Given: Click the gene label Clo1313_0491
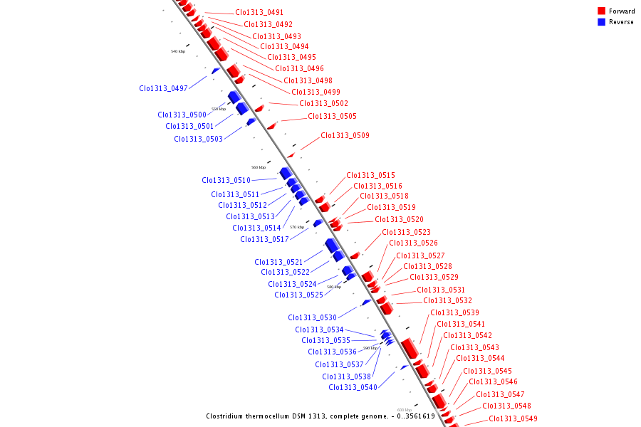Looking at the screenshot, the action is click(259, 13).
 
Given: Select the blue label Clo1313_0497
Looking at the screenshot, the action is click(163, 89).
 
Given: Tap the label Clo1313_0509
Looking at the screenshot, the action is click(345, 135).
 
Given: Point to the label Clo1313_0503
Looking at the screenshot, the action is click(198, 139).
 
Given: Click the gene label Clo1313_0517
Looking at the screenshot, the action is click(264, 240).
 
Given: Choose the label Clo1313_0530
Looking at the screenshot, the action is click(312, 318).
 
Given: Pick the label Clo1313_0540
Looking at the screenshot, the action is click(353, 388).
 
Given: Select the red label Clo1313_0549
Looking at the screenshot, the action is click(513, 419).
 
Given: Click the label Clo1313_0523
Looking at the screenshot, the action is click(406, 233).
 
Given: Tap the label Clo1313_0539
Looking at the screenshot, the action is click(454, 313).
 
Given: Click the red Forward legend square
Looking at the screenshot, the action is click(602, 11).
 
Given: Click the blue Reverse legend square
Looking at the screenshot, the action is click(602, 22).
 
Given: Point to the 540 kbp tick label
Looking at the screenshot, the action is click(178, 52).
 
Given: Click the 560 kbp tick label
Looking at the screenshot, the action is click(259, 168).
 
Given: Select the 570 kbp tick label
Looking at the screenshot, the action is click(297, 227).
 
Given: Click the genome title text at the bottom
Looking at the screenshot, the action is click(320, 416).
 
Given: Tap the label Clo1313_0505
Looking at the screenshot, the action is click(332, 117).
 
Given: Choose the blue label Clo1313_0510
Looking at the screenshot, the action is click(226, 181).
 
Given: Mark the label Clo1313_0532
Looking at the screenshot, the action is click(447, 301).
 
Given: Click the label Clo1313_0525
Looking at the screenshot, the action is click(298, 295).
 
